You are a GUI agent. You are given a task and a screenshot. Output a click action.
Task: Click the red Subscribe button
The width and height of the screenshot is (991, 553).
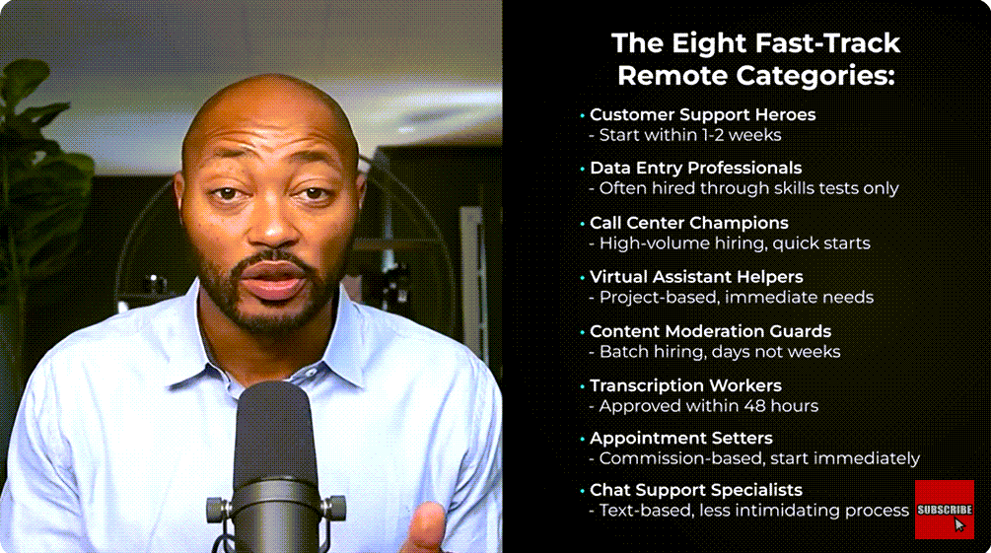click(x=945, y=510)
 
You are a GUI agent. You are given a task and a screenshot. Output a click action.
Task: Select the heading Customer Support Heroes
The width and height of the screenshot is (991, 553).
click(x=702, y=114)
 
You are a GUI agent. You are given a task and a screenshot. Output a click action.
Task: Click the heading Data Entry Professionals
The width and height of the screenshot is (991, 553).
click(x=695, y=168)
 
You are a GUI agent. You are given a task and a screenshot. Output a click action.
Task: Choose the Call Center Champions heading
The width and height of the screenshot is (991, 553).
click(x=689, y=223)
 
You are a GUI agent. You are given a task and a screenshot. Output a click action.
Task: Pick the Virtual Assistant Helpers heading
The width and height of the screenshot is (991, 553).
click(x=696, y=277)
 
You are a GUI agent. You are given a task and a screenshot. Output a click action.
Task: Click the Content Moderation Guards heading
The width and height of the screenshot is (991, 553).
click(x=710, y=331)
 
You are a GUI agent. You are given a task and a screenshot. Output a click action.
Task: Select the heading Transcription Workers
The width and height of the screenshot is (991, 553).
click(x=685, y=385)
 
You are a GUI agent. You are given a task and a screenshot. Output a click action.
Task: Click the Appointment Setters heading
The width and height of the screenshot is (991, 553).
click(x=680, y=438)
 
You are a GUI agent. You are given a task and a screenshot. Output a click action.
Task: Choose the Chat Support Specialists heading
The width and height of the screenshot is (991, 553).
click(x=696, y=490)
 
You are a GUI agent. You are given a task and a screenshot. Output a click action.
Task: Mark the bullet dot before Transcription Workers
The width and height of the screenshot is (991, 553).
click(x=582, y=386)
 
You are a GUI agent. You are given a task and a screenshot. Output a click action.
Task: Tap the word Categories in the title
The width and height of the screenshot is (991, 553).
click(x=815, y=77)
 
